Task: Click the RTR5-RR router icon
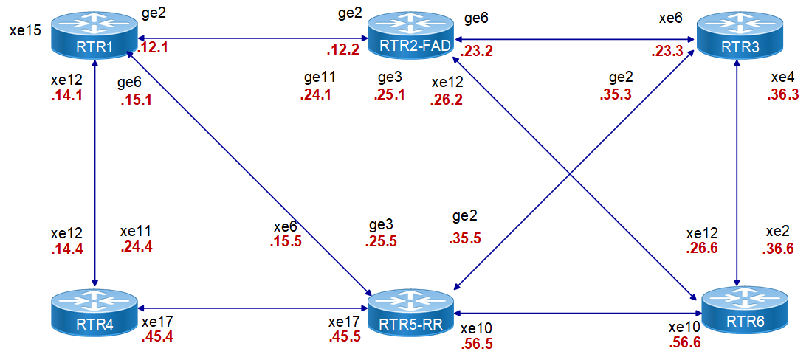[411, 314]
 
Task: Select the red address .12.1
[154, 49]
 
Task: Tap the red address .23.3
[667, 52]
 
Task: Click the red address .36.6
[777, 249]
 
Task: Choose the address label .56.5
[477, 344]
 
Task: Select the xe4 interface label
[782, 77]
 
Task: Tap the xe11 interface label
[137, 230]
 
